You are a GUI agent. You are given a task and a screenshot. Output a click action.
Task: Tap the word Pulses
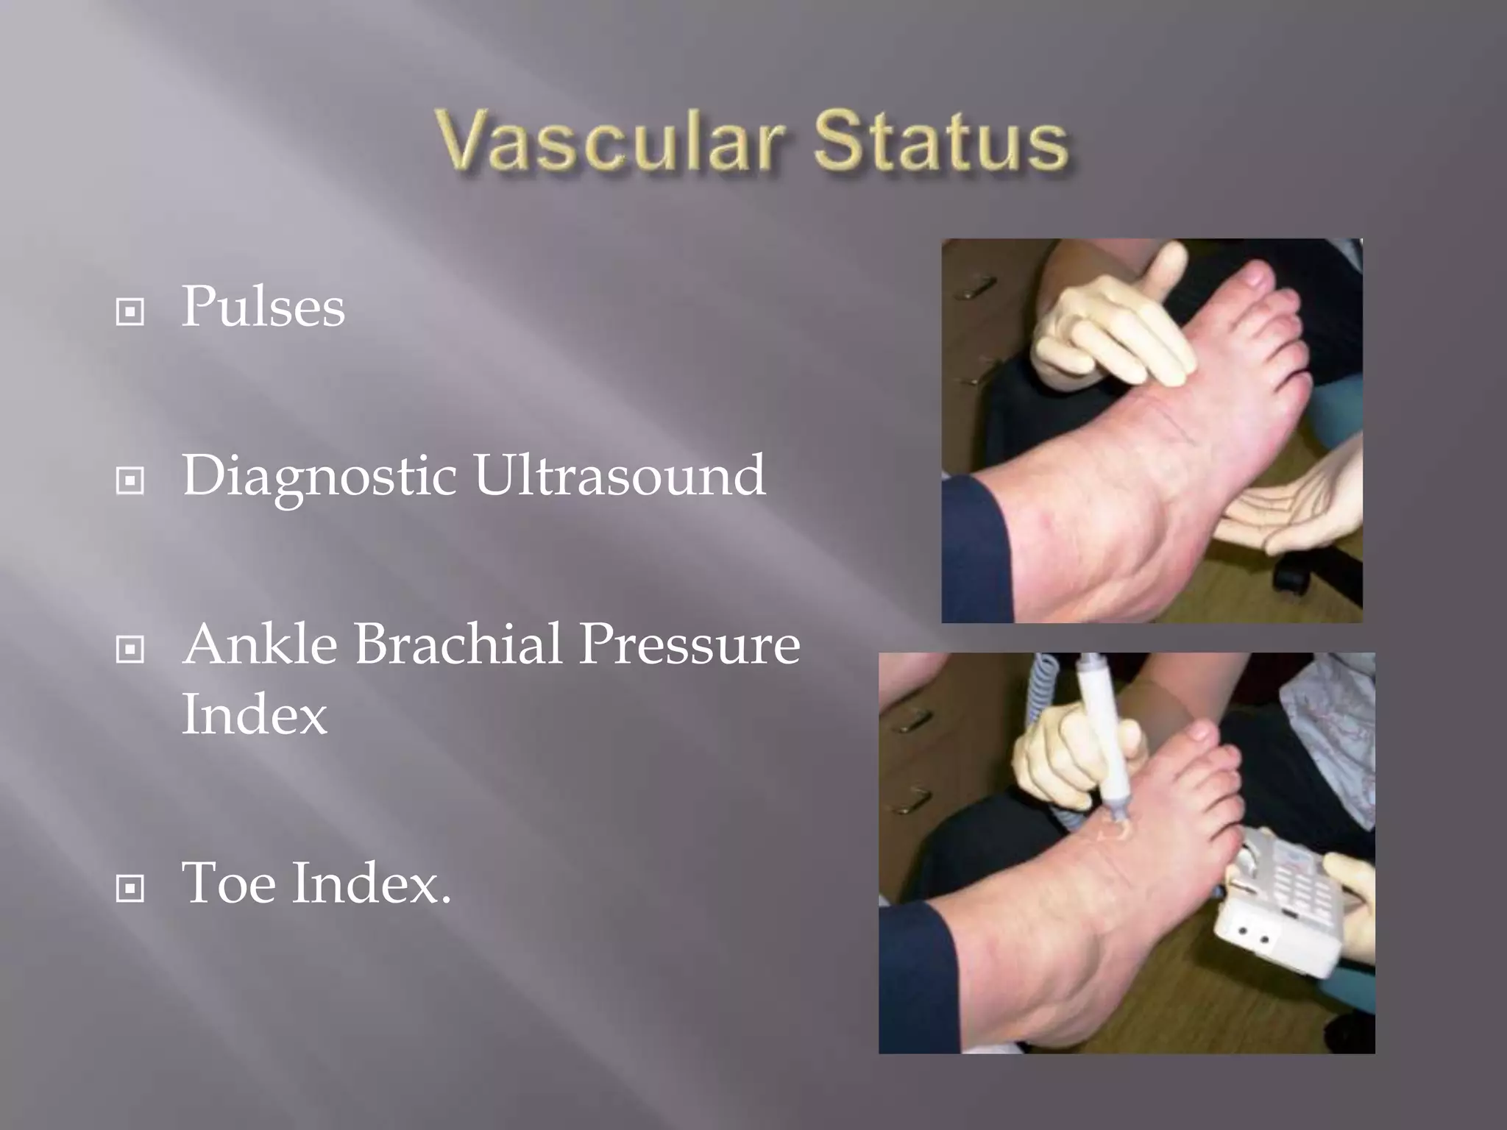263,307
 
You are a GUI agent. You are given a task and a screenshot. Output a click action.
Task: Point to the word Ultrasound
619,475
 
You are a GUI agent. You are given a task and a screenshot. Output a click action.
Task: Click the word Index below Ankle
254,714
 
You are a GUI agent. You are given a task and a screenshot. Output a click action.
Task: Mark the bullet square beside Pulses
130,313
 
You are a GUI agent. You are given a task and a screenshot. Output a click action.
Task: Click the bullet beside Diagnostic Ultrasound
130,482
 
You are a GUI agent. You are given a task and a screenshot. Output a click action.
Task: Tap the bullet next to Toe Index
130,889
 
